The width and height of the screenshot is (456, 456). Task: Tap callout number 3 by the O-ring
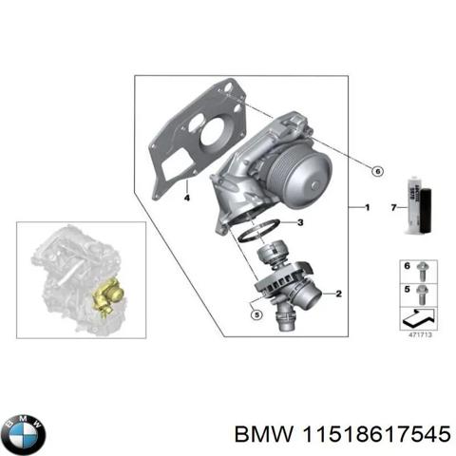pyautogui.click(x=299, y=222)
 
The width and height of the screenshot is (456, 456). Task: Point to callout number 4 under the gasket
pyautogui.click(x=186, y=198)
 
